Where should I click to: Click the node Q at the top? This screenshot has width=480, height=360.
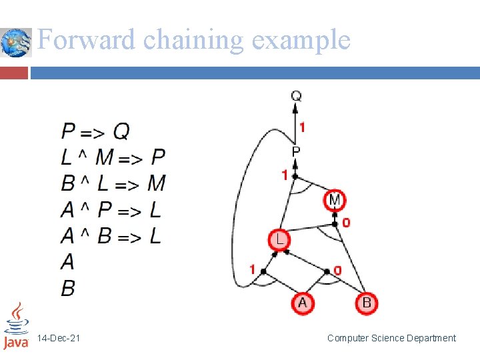(x=296, y=96)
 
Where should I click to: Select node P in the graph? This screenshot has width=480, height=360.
(x=296, y=151)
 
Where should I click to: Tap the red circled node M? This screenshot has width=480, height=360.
(x=335, y=199)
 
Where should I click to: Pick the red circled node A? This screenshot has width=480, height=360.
(x=302, y=303)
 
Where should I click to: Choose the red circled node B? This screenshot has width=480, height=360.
(x=367, y=303)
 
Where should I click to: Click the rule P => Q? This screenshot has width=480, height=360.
(x=96, y=131)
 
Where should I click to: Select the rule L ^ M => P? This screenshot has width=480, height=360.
(x=113, y=157)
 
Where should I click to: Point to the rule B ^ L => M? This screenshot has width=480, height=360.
(x=113, y=183)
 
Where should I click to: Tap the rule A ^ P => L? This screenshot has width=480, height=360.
(x=111, y=210)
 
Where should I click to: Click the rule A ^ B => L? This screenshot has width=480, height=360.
(x=111, y=236)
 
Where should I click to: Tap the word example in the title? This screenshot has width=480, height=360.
(x=301, y=40)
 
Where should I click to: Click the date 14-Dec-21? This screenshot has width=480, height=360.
(x=59, y=339)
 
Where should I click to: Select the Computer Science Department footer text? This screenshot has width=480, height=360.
(x=391, y=338)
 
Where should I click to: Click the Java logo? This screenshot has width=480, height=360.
(x=16, y=327)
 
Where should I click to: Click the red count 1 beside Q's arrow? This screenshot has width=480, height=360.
(x=303, y=127)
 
